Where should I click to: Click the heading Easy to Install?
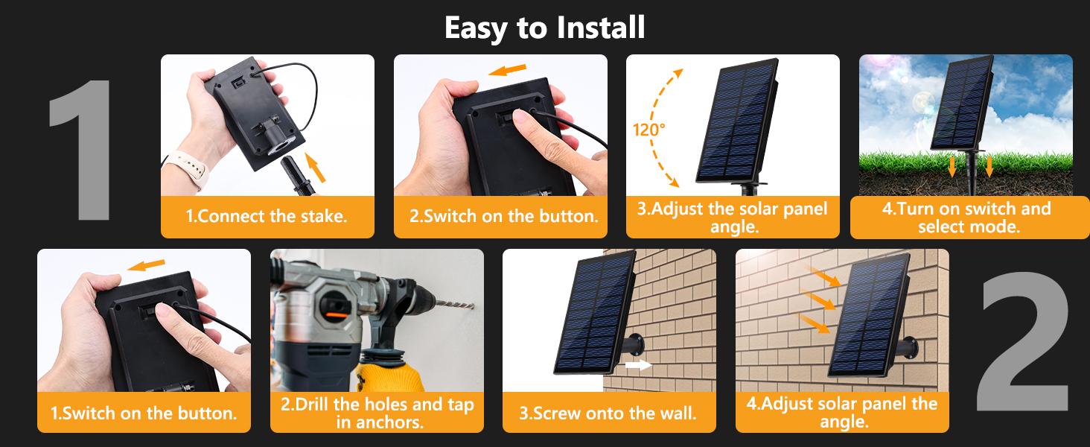pyautogui.click(x=544, y=28)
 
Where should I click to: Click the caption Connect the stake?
pyautogui.click(x=267, y=216)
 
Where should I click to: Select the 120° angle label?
pyautogui.click(x=648, y=130)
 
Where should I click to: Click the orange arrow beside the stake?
pyautogui.click(x=316, y=167)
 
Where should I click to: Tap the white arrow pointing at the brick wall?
pyautogui.click(x=638, y=365)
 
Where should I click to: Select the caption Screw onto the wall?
pyautogui.click(x=608, y=413)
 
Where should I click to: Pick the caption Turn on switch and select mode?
pyautogui.click(x=967, y=218)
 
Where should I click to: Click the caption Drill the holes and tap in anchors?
pyautogui.click(x=377, y=413)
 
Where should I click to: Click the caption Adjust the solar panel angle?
pyautogui.click(x=733, y=218)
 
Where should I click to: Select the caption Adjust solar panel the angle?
pyautogui.click(x=842, y=413)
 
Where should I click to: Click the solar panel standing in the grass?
pyautogui.click(x=961, y=104)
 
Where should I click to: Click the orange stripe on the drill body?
pyautogui.click(x=336, y=315)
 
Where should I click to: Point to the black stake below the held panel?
pyautogui.click(x=297, y=176)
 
